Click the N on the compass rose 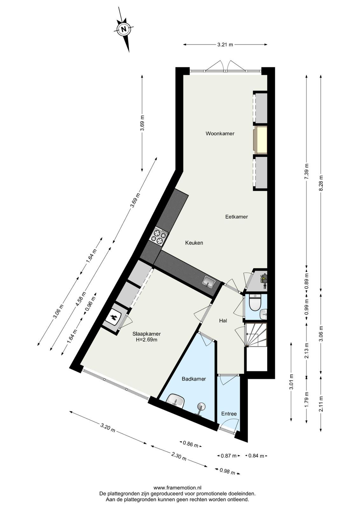[x=124, y=29]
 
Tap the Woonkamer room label [x=220, y=133]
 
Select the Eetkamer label [x=236, y=217]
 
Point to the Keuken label [x=194, y=243]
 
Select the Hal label [x=223, y=321]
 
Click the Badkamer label [x=194, y=379]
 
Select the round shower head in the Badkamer [x=201, y=406]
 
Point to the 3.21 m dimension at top [x=225, y=45]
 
